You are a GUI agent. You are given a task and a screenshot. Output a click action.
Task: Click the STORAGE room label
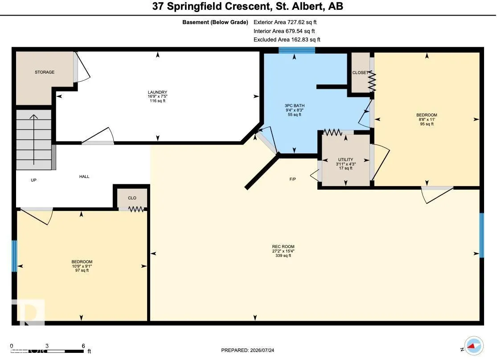[45, 72]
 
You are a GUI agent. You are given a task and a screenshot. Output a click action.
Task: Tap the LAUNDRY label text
[157, 92]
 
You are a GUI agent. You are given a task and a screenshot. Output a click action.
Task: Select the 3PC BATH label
[295, 106]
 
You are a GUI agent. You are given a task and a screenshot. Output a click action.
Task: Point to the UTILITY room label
[345, 160]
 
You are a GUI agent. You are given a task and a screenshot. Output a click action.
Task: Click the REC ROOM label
[283, 246]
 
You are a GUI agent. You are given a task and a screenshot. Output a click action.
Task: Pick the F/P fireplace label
[292, 179]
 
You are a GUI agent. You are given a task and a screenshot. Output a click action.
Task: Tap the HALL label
[84, 176]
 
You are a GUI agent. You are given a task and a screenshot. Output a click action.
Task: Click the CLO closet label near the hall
[132, 198]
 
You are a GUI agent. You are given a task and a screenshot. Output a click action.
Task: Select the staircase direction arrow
[33, 140]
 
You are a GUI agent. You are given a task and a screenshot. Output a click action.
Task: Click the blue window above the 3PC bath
[297, 50]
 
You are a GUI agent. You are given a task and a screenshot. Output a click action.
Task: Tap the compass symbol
[473, 346]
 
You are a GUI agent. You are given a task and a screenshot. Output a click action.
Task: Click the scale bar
[48, 351]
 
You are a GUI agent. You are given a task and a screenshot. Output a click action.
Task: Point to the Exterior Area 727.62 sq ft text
[285, 22]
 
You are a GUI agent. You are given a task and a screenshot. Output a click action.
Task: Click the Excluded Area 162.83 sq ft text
[287, 40]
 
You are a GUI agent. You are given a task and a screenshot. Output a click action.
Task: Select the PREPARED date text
[247, 350]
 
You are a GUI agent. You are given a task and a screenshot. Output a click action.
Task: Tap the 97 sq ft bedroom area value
[82, 270]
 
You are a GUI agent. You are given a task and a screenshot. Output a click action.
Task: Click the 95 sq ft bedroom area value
[427, 124]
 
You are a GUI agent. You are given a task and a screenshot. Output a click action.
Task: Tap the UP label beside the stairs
[33, 180]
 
